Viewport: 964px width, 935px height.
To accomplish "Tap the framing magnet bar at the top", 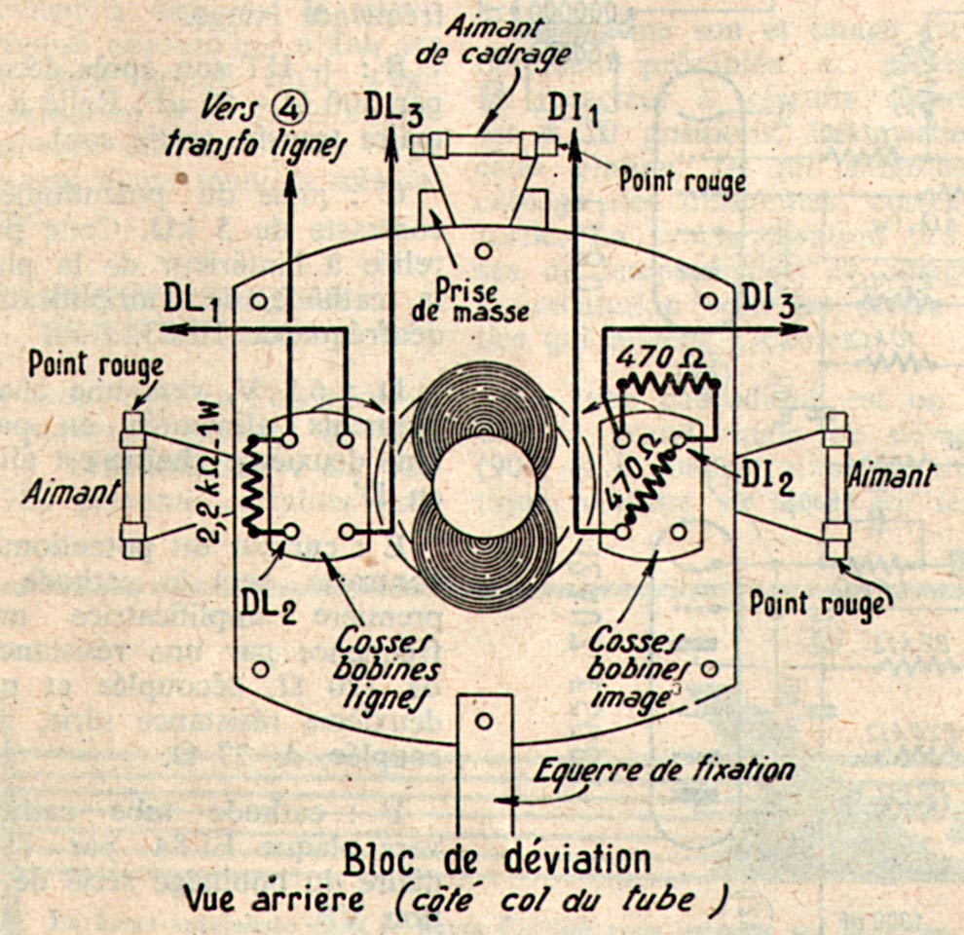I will [485, 145].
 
